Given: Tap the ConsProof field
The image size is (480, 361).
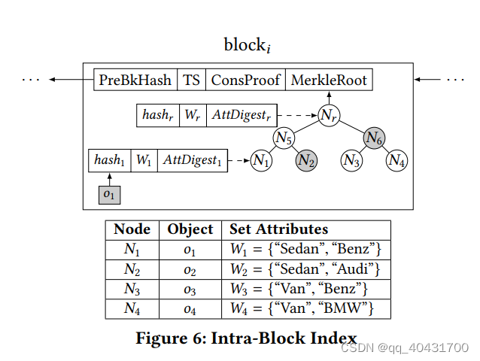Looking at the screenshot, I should pyautogui.click(x=245, y=80).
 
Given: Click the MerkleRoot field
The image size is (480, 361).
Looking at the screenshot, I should pyautogui.click(x=327, y=80).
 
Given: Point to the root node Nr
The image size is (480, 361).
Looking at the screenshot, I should pyautogui.click(x=328, y=115).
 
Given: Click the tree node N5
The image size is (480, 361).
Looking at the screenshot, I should pyautogui.click(x=284, y=137).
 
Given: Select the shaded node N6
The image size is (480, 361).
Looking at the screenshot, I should pyautogui.click(x=375, y=137).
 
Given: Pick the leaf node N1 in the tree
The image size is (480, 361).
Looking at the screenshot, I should pyautogui.click(x=261, y=159).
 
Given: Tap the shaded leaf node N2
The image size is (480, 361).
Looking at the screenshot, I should pyautogui.click(x=306, y=159).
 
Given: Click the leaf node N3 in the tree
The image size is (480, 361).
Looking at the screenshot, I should pyautogui.click(x=351, y=159).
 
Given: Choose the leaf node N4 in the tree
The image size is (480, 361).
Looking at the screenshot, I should pyautogui.click(x=397, y=159).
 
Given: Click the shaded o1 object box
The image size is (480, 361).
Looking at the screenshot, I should pyautogui.click(x=110, y=194).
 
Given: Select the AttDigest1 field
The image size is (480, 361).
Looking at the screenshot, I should pyautogui.click(x=192, y=160).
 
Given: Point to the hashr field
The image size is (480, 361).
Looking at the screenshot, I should pyautogui.click(x=159, y=116).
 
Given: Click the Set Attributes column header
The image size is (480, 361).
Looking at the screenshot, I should pyautogui.click(x=279, y=229).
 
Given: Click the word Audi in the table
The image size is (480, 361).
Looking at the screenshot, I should pyautogui.click(x=358, y=268).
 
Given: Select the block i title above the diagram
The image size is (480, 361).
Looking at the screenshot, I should pyautogui.click(x=247, y=45).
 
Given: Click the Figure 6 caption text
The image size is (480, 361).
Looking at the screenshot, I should pyautogui.click(x=246, y=338).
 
